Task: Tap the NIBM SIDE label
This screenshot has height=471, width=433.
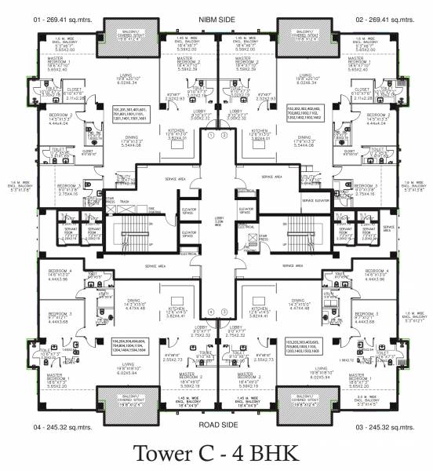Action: click(216, 16)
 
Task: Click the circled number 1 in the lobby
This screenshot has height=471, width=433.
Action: click(211, 134)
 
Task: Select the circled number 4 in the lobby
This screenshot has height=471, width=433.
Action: click(211, 311)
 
